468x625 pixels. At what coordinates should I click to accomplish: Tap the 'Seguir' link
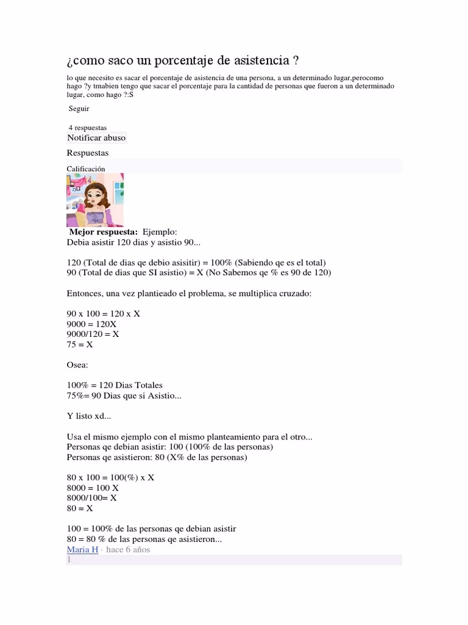pos(79,109)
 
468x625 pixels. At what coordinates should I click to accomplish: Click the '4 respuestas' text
pos(88,128)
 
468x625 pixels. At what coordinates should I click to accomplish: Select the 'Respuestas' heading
pos(88,153)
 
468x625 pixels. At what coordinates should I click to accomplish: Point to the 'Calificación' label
pos(86,168)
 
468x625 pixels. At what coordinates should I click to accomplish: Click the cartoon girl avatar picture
pos(95,200)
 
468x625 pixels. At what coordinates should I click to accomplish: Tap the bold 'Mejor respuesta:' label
pos(103,232)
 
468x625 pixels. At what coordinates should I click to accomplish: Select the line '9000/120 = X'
pos(93,334)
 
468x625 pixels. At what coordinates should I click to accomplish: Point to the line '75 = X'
pos(80,344)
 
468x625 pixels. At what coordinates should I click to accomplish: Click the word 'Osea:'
pos(77,365)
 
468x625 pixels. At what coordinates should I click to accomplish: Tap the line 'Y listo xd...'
pos(89,416)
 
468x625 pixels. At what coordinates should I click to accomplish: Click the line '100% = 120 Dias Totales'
pos(115,385)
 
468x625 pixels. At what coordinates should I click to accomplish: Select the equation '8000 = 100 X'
pos(93,488)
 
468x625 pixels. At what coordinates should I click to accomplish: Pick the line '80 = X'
pos(80,508)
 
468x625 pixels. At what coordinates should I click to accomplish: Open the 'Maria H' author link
pos(82,549)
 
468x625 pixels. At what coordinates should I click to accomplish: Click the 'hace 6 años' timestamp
pos(128,549)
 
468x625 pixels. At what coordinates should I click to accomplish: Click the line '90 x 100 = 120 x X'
pos(103,314)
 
